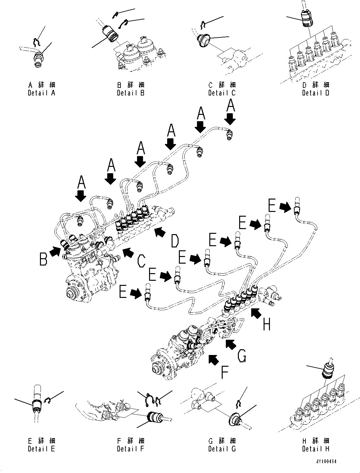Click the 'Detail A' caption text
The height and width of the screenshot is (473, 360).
click(x=41, y=93)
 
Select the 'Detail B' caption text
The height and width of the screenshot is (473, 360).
click(x=130, y=93)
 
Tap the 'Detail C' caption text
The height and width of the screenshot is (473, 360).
click(x=222, y=93)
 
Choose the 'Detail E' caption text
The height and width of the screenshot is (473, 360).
click(x=41, y=449)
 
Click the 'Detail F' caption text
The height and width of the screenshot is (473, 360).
click(x=130, y=449)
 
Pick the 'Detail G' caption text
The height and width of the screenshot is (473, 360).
click(x=222, y=449)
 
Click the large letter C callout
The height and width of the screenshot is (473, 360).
click(x=141, y=261)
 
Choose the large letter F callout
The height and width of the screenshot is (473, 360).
click(x=224, y=373)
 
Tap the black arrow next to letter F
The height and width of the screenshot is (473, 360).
click(x=213, y=359)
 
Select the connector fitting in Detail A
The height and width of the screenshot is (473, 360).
click(x=39, y=60)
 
